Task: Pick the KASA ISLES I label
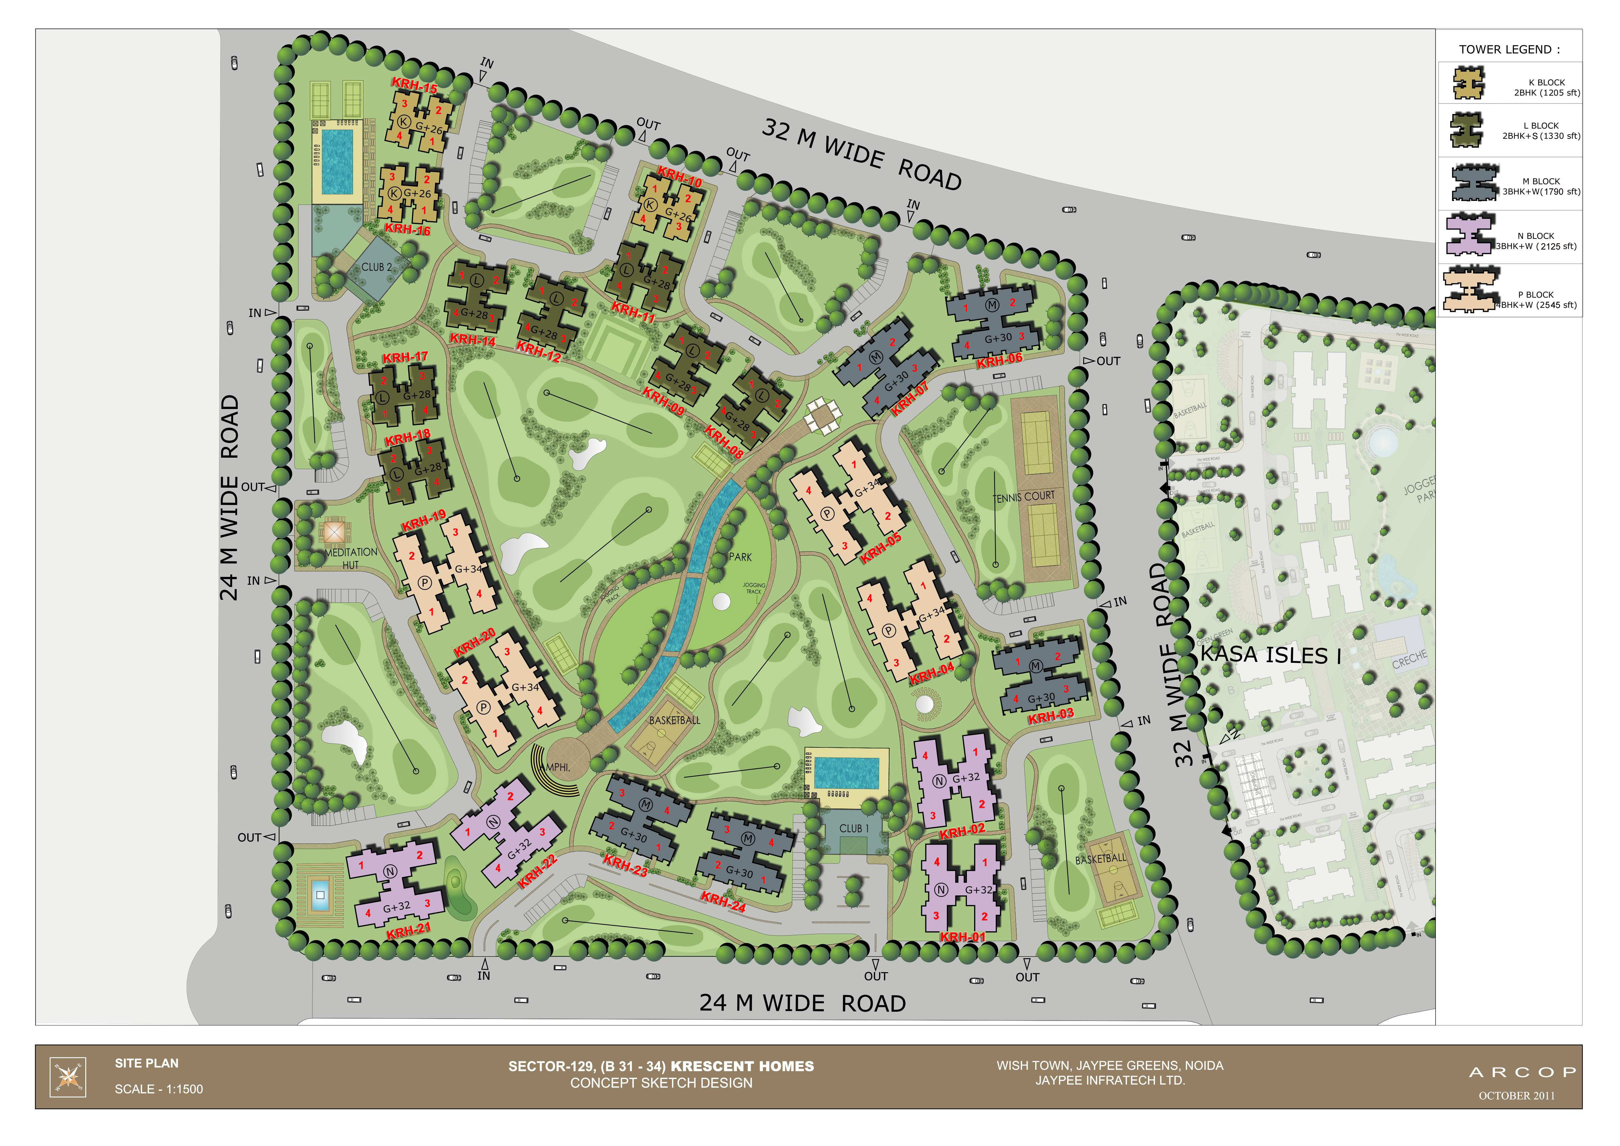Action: point(1270,655)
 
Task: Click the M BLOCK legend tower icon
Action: point(1474,184)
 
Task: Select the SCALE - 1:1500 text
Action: point(159,1089)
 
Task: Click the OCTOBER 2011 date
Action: point(1516,1096)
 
